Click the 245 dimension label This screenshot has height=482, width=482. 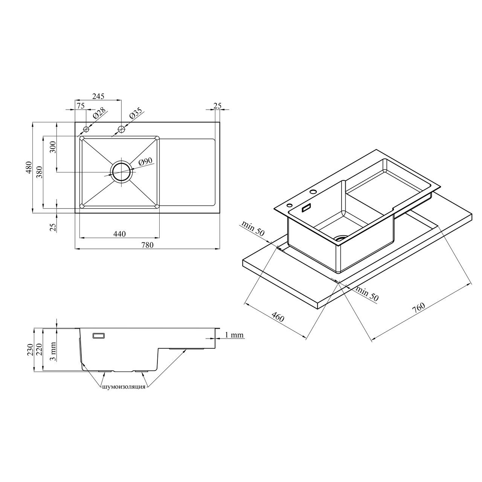coord(98,96)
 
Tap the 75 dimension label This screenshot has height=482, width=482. coord(81,106)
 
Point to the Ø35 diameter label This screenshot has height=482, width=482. coord(136,113)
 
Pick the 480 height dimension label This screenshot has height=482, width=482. coord(29,168)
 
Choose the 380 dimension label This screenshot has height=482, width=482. coord(40,172)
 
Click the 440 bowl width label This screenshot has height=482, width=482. coord(119,234)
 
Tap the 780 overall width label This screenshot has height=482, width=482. coord(147,245)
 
